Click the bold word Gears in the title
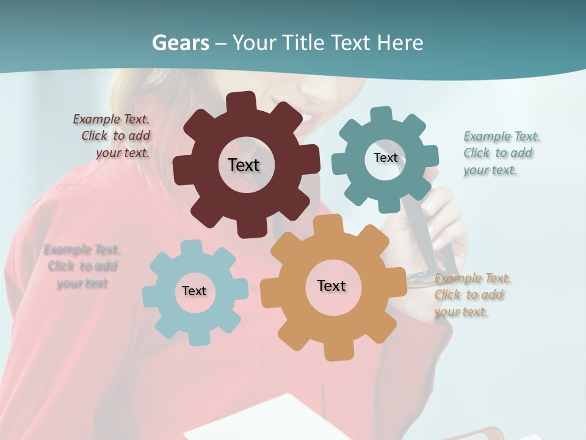tap(180, 43)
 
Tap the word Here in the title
tap(400, 43)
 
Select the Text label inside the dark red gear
tap(244, 165)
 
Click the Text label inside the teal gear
tap(385, 158)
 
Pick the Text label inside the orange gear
tap(331, 285)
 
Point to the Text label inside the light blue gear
tap(194, 291)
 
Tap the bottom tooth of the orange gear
tap(334, 351)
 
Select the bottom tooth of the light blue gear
tap(196, 337)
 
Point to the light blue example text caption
tap(82, 266)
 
